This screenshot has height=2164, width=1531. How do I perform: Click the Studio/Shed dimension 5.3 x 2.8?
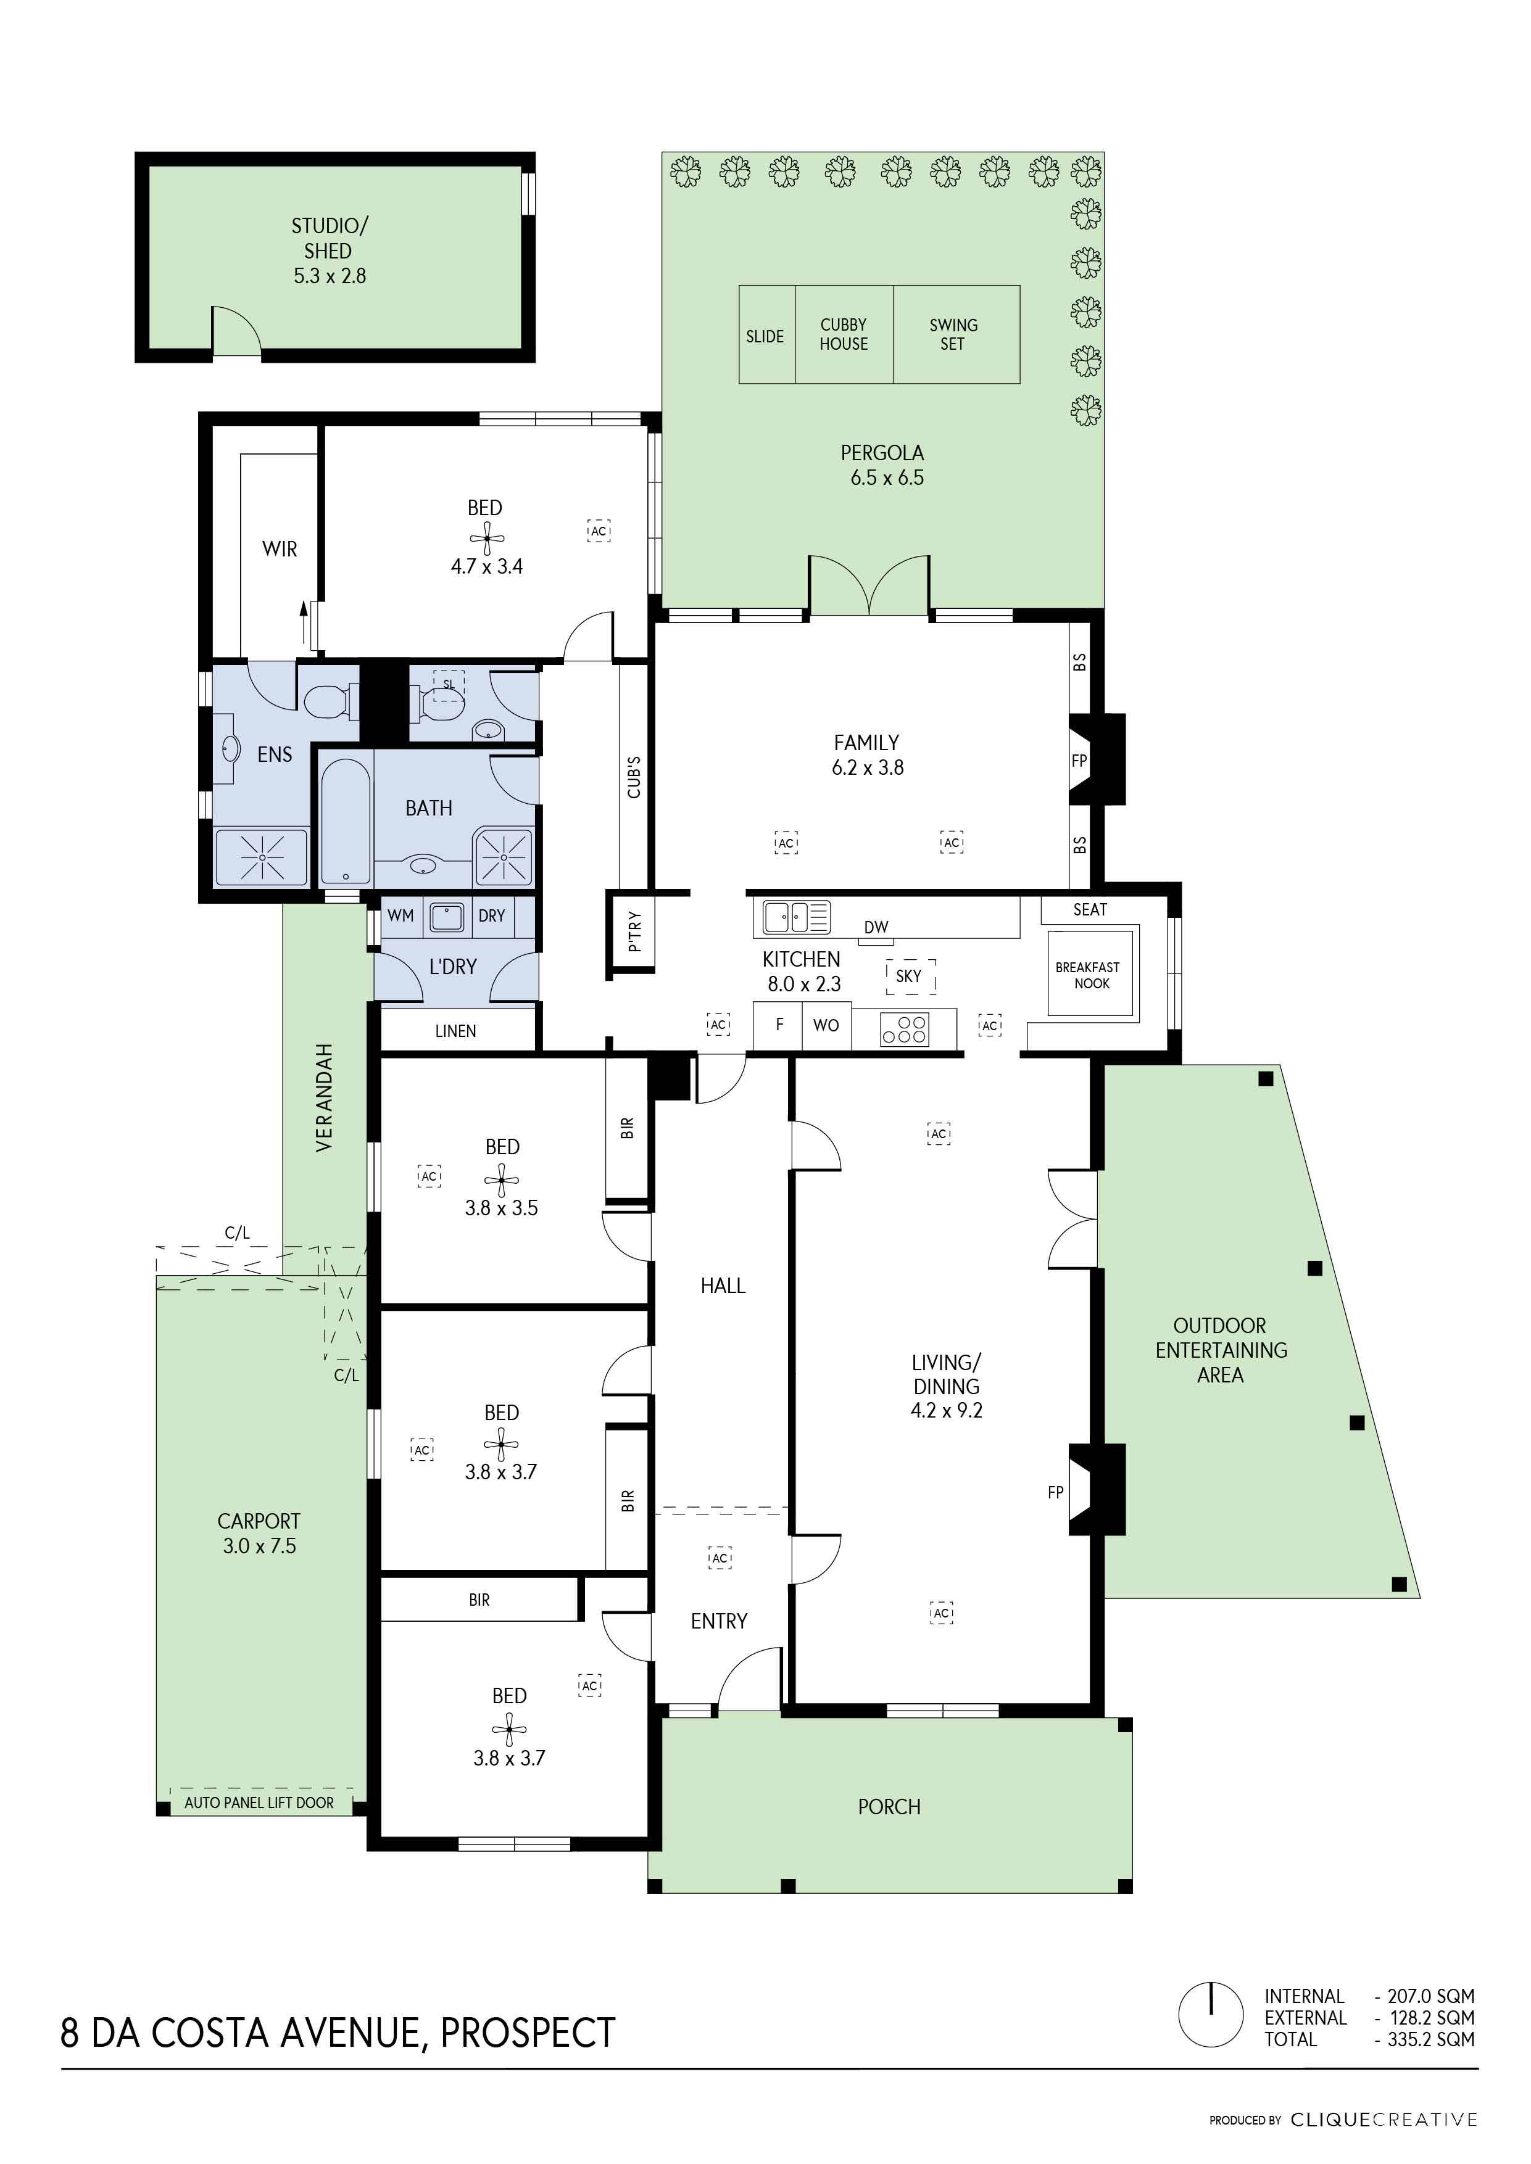(x=329, y=276)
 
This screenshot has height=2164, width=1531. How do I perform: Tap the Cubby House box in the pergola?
(x=844, y=334)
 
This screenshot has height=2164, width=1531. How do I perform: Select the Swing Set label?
(x=953, y=334)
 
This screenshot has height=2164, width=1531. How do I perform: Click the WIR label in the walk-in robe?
(x=280, y=548)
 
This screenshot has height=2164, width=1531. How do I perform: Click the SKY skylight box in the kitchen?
(x=910, y=977)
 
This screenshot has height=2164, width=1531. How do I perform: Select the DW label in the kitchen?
(x=876, y=927)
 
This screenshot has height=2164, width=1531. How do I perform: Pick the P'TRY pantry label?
(x=634, y=932)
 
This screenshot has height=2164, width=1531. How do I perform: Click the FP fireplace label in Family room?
(x=1079, y=761)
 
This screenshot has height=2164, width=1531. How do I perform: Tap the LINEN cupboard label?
(x=455, y=1031)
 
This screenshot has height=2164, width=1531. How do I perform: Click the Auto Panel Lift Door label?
(x=259, y=1803)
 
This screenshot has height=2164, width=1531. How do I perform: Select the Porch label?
(x=888, y=1807)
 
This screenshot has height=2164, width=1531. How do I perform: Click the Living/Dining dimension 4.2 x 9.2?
(x=945, y=1410)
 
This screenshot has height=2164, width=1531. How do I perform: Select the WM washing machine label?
(x=400, y=915)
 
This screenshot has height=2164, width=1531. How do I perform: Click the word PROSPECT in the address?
(x=528, y=2033)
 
